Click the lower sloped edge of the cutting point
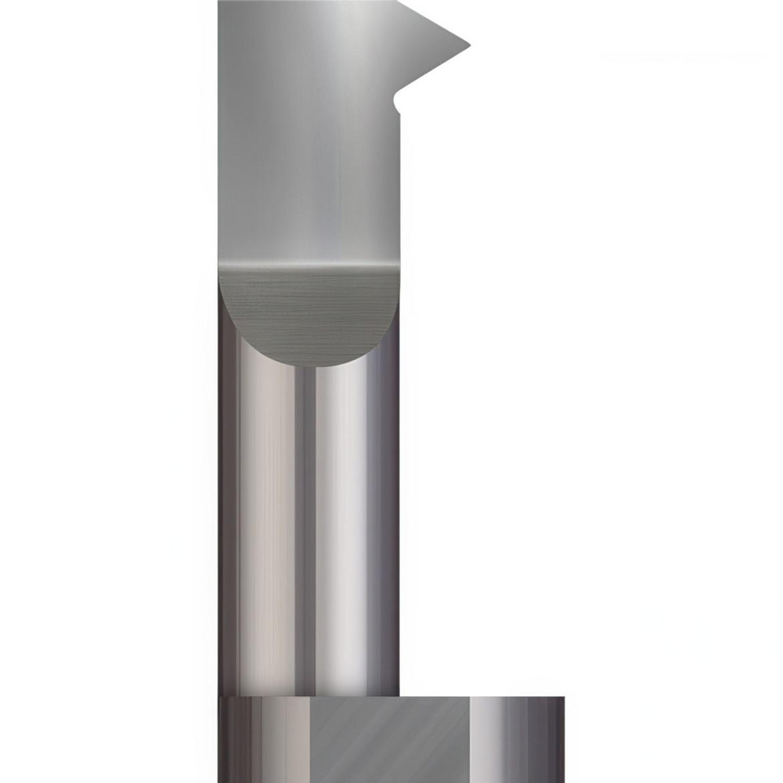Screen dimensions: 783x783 coord(435,69)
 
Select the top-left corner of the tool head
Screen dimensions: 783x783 coord(220,3)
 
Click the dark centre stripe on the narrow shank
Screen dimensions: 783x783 coord(306,532)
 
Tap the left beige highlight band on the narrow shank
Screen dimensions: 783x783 coord(270,532)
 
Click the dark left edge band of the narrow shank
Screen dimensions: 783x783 coord(227,532)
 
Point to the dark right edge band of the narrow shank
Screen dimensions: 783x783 coord(389,532)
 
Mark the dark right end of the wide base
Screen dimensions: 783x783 coord(552,740)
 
